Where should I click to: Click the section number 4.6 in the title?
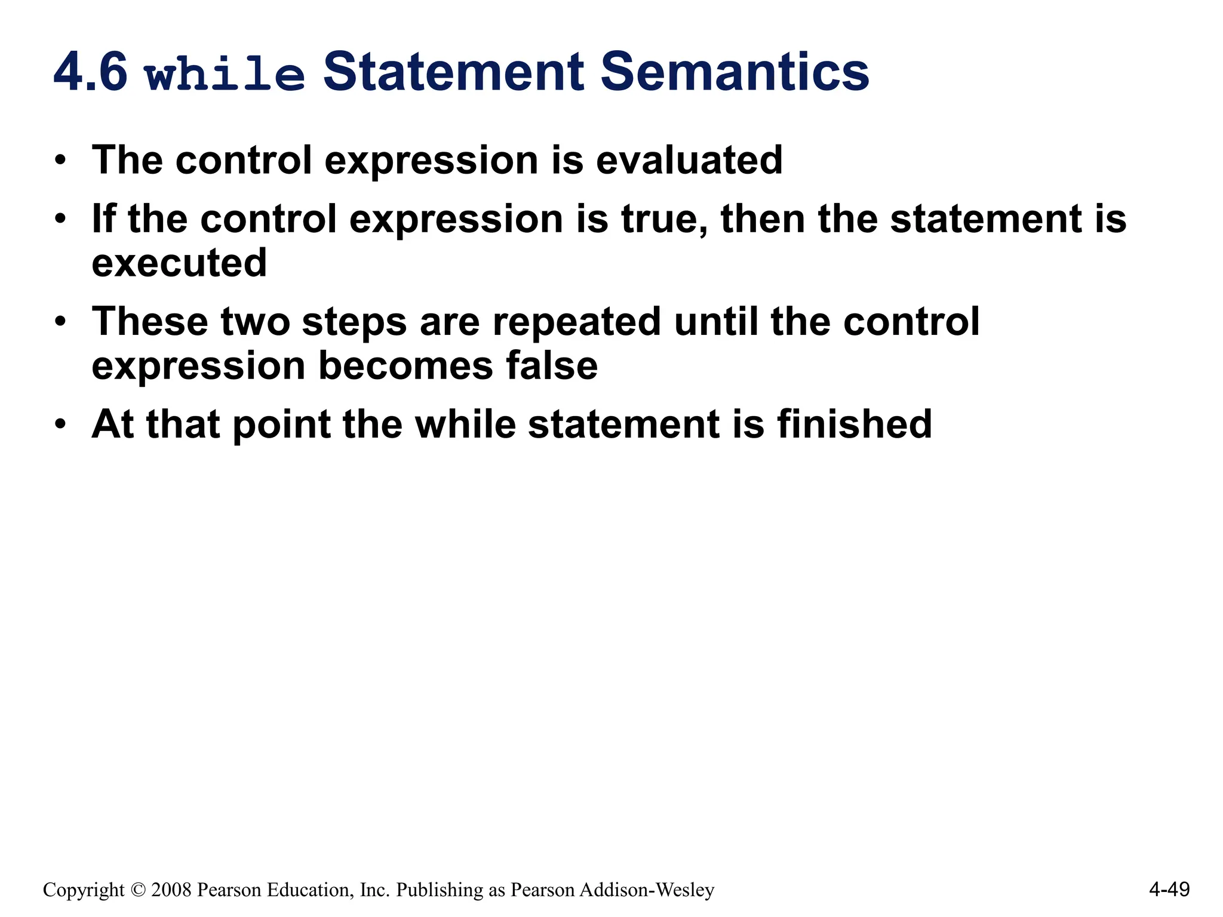pos(90,73)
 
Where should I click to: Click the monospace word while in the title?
pos(225,75)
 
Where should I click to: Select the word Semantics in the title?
pos(735,72)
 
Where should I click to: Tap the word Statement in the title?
pos(453,72)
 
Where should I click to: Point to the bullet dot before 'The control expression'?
pos(60,161)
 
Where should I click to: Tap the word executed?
pos(179,263)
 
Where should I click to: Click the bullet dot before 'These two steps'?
pos(60,322)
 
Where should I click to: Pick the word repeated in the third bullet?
pos(577,322)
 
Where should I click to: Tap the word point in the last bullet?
pos(281,425)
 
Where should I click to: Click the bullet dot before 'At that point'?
pos(60,425)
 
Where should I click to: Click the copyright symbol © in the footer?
pos(138,890)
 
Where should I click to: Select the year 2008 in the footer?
pos(171,890)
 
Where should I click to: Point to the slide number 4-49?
pos(1169,890)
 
